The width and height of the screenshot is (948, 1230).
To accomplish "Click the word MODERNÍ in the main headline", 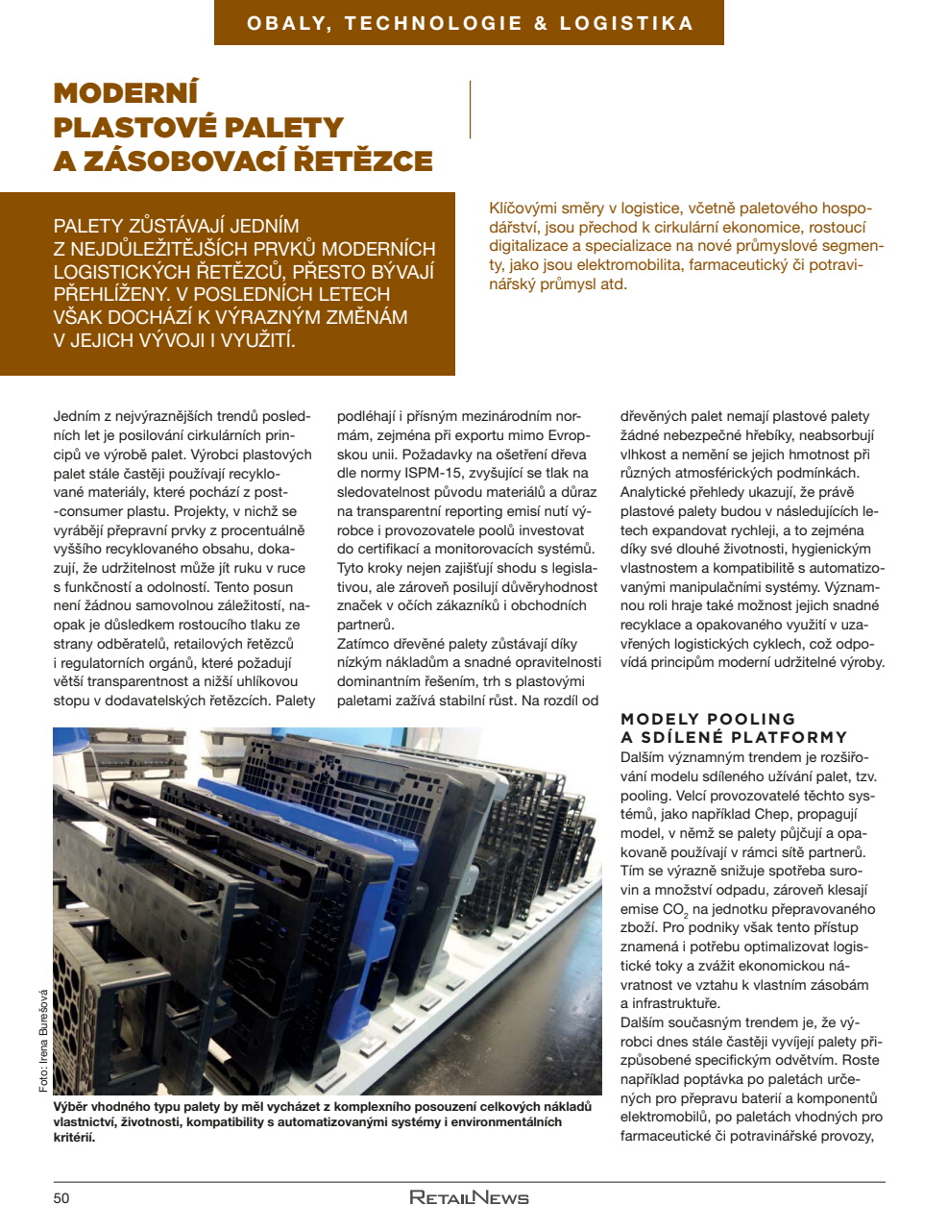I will [126, 93].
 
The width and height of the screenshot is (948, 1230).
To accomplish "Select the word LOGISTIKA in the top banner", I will [626, 23].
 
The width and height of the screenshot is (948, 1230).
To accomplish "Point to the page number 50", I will [61, 1197].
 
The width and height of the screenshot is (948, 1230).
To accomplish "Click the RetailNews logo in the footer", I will [469, 1197].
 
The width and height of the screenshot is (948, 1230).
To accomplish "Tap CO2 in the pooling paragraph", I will [675, 909].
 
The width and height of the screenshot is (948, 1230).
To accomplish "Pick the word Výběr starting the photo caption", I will [73, 1107].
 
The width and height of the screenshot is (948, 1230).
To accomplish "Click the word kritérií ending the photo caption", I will [74, 1138].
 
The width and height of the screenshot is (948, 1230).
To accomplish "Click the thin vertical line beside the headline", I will [470, 110].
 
